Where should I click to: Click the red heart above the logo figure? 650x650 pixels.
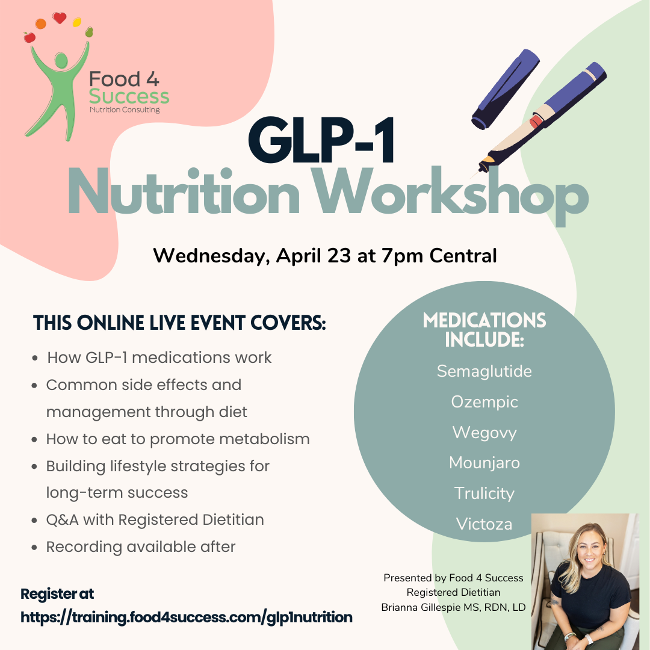click(59, 18)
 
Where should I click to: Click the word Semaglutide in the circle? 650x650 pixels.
click(484, 371)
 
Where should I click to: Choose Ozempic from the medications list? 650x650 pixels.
click(484, 401)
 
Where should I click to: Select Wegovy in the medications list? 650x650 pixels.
click(484, 432)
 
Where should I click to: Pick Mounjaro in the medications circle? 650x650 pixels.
click(484, 463)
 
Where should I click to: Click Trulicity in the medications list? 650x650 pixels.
click(484, 494)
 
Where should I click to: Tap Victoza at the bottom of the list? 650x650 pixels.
click(484, 524)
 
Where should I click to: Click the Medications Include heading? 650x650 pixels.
click(484, 329)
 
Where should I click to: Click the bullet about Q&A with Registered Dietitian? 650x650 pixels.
click(155, 519)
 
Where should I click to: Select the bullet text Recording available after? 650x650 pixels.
click(140, 546)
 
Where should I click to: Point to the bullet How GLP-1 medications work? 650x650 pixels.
click(159, 357)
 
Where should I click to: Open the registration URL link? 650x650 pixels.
click(187, 617)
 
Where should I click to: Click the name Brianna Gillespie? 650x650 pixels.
click(427, 607)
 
